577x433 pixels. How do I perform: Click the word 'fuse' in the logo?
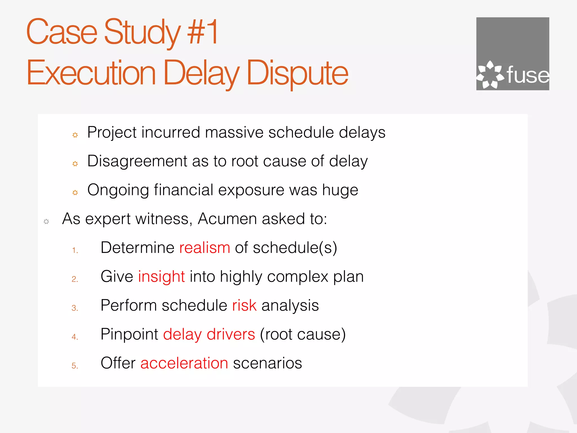click(528, 75)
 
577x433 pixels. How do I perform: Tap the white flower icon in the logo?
click(490, 75)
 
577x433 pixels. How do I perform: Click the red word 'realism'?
click(205, 248)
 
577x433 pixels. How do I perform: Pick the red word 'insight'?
click(161, 277)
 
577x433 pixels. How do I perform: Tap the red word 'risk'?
click(244, 305)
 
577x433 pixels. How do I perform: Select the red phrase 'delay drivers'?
click(209, 334)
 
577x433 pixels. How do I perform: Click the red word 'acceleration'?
click(184, 363)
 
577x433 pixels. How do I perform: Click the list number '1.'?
click(75, 250)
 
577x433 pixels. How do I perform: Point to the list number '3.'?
click(75, 308)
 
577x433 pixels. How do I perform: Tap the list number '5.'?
click(75, 366)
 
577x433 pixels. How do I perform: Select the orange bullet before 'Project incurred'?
click(75, 135)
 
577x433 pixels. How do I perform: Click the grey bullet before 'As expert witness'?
click(46, 222)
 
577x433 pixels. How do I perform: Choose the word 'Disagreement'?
click(137, 161)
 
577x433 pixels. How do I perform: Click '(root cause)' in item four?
click(303, 334)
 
